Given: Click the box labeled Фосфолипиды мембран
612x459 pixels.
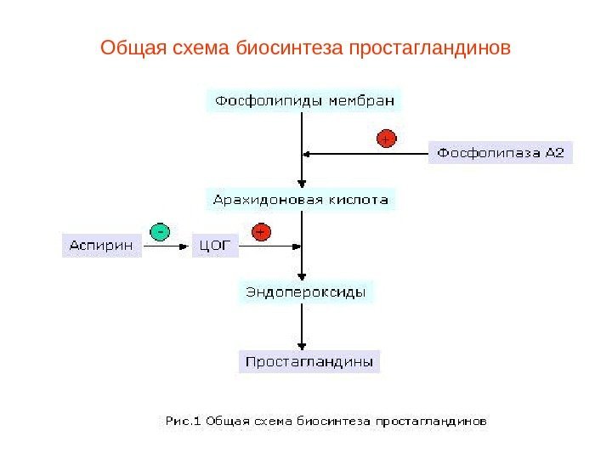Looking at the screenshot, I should (x=304, y=102).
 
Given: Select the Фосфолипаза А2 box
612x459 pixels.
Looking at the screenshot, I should (x=500, y=154).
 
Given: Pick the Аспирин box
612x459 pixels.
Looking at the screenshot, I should (x=101, y=246).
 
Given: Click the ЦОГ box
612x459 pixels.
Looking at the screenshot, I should (x=216, y=246).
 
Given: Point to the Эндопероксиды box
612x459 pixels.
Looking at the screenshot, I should (x=305, y=292).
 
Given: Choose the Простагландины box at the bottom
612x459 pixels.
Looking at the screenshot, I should (x=309, y=362).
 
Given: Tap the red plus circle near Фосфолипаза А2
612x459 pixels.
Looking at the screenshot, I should (x=385, y=138).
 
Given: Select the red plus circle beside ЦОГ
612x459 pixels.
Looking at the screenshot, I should (x=261, y=231).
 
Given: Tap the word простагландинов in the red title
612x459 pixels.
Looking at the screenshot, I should (x=425, y=45).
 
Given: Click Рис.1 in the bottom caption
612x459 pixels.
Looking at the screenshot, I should (x=182, y=420).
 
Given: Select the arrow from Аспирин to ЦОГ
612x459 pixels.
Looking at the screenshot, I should (x=167, y=246).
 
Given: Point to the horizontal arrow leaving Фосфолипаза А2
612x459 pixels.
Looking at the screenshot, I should (x=365, y=154).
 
